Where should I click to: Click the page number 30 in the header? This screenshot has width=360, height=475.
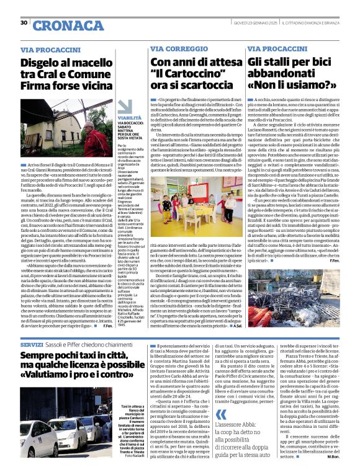pos(24,23)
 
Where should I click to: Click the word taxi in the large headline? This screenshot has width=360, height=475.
pos(83,356)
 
